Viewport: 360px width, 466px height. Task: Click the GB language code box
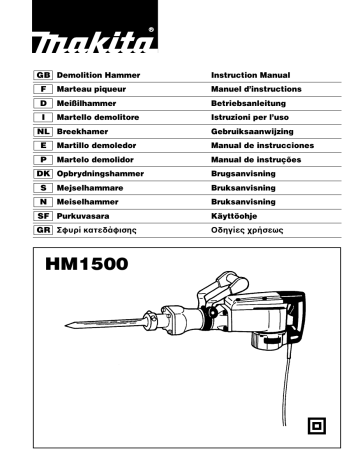point(44,75)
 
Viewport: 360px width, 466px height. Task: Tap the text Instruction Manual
point(251,75)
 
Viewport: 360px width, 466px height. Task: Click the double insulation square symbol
point(316,425)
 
